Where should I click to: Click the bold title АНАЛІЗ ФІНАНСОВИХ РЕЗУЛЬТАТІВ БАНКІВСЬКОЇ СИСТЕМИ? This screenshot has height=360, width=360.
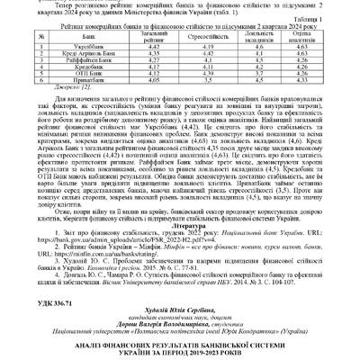(x=180, y=335)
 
